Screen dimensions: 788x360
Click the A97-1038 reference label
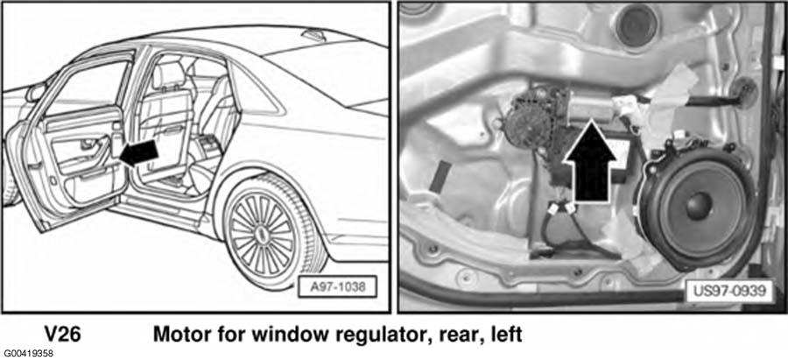pyautogui.click(x=337, y=287)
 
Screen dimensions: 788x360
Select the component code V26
pyautogui.click(x=62, y=335)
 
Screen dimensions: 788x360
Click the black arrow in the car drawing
pyautogui.click(x=139, y=153)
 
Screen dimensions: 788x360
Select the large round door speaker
pyautogui.click(x=698, y=206)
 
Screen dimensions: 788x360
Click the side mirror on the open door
pyautogui.click(x=36, y=92)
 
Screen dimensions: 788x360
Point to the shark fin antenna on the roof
pyautogui.click(x=313, y=35)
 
